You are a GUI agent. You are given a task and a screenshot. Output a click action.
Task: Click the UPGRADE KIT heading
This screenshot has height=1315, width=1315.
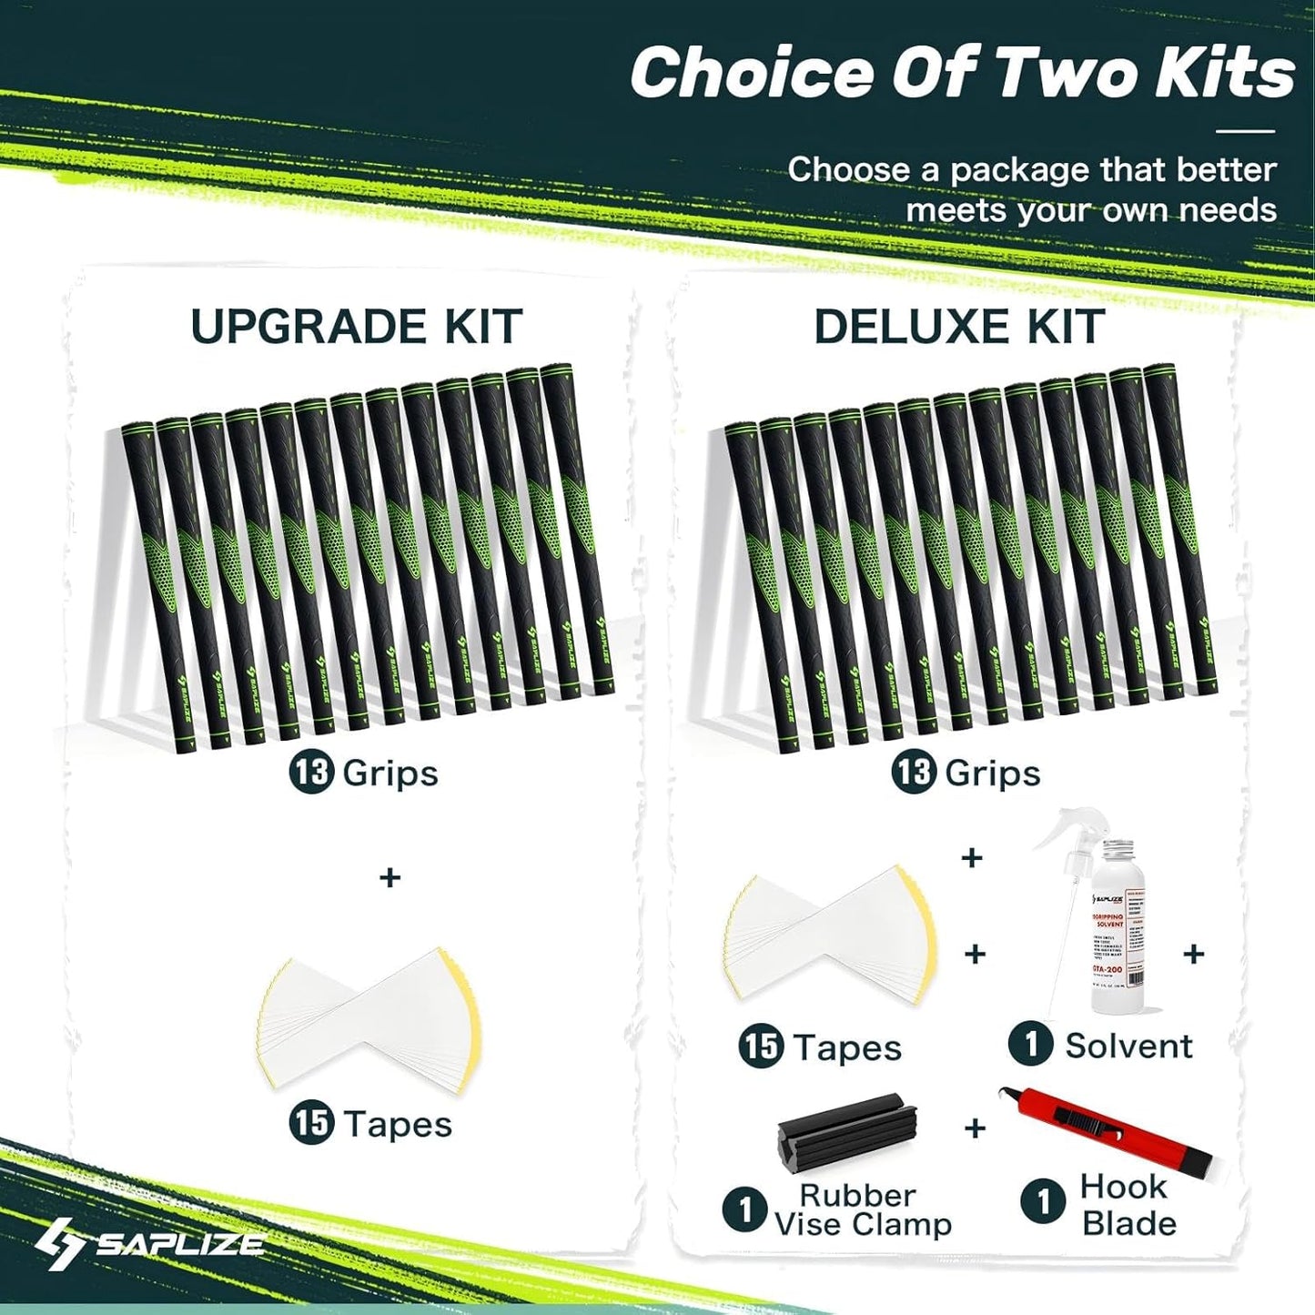356,327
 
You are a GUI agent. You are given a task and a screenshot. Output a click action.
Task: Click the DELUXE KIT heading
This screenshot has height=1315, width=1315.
959,327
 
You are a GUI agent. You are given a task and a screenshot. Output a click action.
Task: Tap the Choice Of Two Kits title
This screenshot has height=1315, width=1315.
962,73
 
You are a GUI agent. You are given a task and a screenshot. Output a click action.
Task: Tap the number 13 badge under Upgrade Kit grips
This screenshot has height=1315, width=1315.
311,773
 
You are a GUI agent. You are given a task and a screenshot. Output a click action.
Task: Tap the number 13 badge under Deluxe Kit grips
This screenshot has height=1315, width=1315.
914,773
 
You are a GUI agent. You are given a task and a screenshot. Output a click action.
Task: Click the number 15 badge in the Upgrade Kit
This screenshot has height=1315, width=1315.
311,1123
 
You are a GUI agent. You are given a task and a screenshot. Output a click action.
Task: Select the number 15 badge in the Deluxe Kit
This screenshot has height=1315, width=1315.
761,1046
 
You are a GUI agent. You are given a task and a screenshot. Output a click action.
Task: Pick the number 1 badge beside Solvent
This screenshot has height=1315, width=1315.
1031,1045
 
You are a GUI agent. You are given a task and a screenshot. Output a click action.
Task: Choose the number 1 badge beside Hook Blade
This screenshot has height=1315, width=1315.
1044,1201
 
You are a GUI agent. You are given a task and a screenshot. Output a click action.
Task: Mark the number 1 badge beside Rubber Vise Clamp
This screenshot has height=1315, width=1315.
745,1209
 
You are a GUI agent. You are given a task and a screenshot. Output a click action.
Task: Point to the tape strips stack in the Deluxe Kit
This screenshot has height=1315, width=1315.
830,935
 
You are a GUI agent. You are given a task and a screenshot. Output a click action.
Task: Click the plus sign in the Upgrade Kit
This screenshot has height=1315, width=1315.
389,878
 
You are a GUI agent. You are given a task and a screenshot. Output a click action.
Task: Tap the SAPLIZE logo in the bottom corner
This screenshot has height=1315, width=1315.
150,1244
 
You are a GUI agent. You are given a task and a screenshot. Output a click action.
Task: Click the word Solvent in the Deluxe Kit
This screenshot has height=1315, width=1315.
1128,1046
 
